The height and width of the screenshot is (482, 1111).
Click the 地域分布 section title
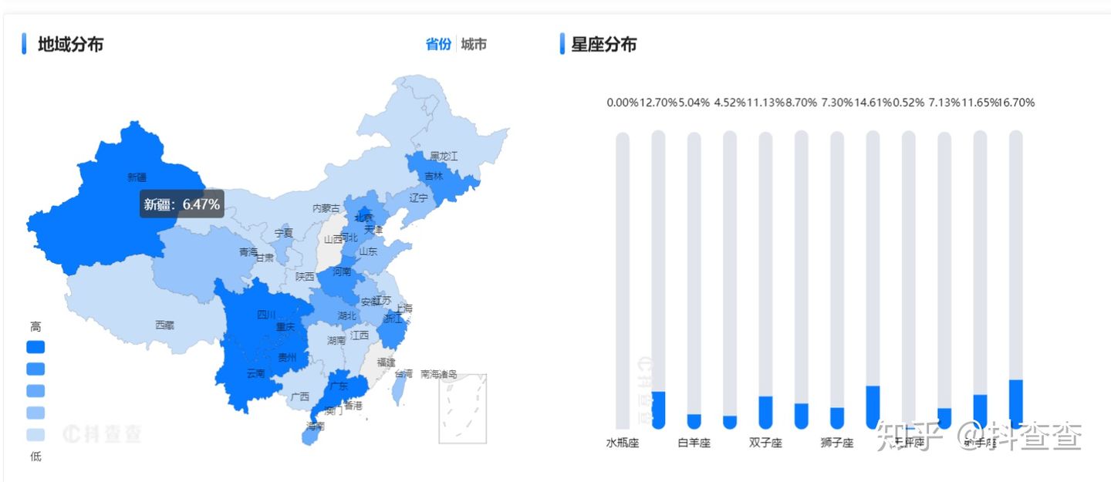70,45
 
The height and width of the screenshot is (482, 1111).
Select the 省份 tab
438,44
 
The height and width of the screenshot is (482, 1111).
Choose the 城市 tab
474,44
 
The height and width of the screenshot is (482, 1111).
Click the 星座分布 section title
603,45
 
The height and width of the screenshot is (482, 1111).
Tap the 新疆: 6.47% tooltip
182,204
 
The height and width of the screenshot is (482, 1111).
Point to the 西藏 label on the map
164,325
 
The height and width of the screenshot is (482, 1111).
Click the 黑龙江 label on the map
444,156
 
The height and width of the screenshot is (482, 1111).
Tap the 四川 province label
266,315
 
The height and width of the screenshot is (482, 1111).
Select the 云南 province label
256,373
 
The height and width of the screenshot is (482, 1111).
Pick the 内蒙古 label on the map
326,208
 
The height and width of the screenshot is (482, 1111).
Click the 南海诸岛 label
439,374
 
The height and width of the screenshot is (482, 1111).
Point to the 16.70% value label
1018,103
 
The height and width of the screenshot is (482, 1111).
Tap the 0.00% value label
623,103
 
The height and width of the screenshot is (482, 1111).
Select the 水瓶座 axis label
623,443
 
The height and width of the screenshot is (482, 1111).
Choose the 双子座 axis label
765,443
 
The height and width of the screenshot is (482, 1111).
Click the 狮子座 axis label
837,443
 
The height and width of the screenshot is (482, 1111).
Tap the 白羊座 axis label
694,443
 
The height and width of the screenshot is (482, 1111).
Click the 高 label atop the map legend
35,327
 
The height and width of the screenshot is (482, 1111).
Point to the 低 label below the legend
35,457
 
